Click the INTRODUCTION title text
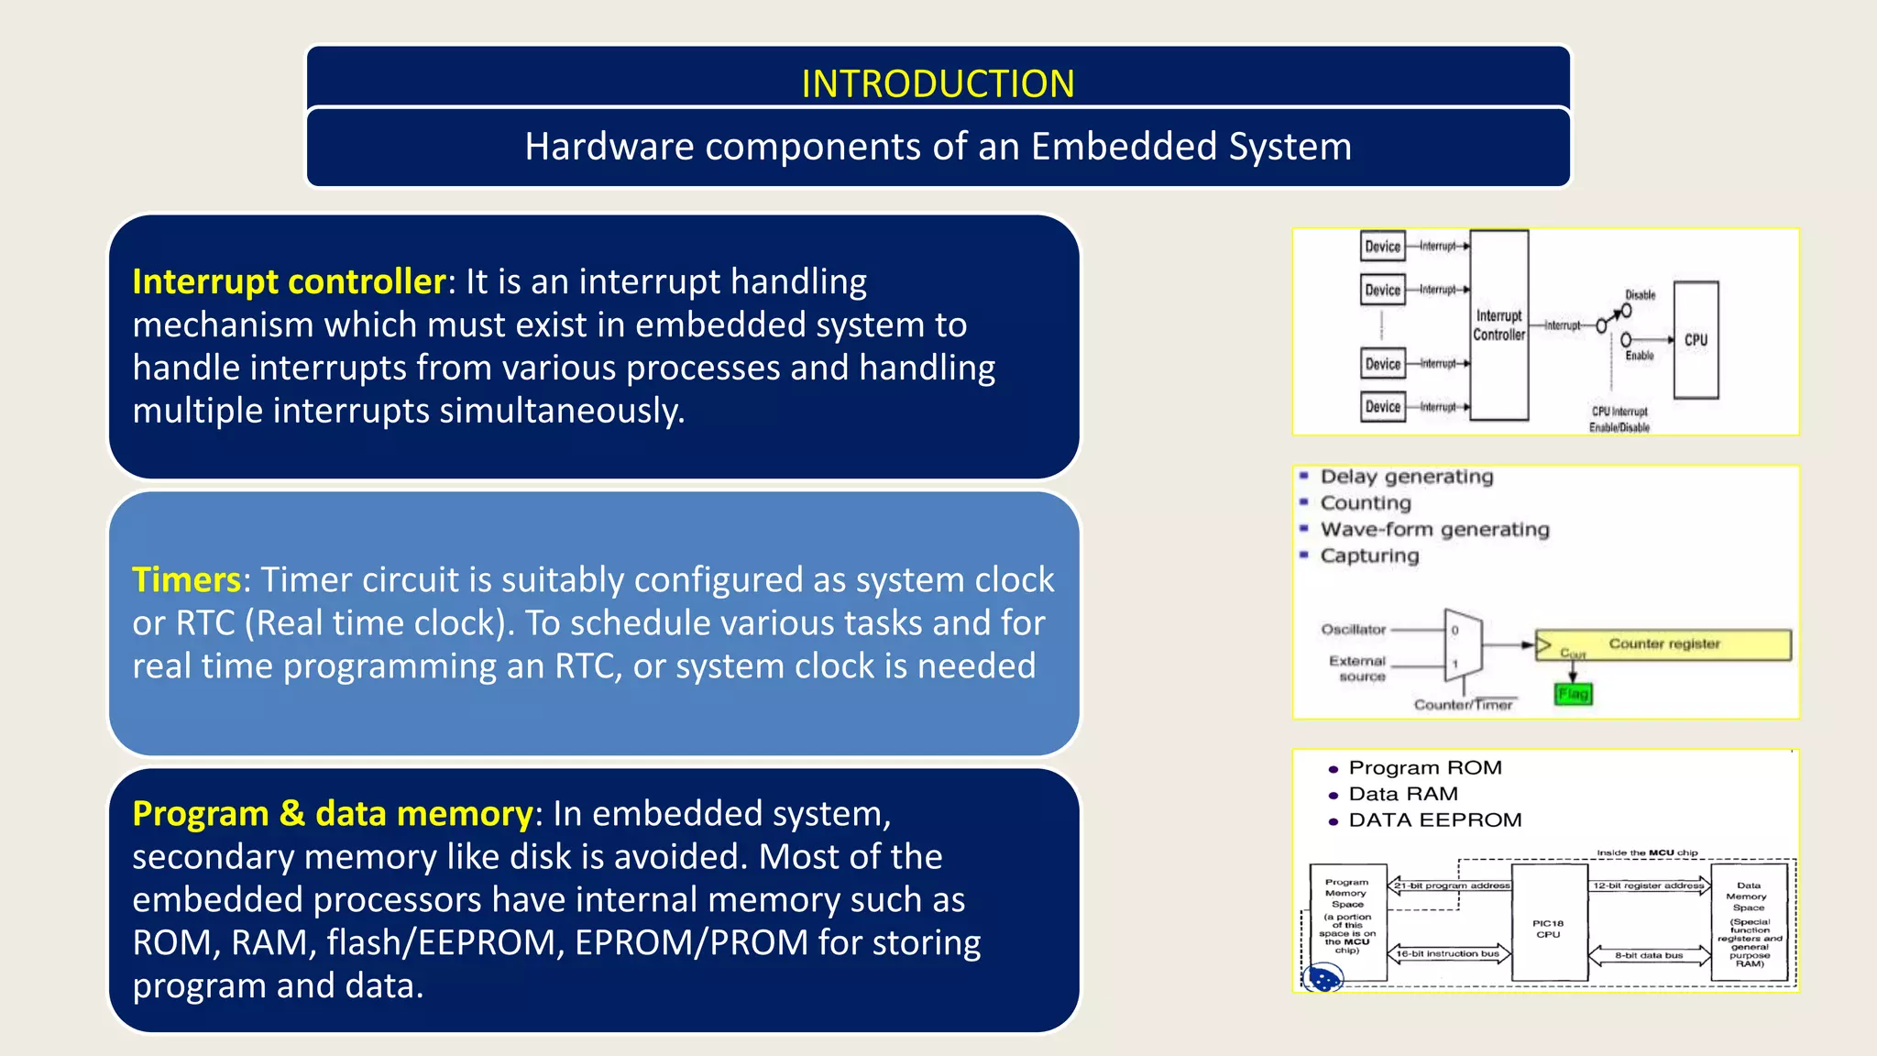point(938,83)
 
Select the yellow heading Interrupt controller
point(289,281)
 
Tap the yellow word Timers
point(186,579)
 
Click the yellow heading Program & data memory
point(332,814)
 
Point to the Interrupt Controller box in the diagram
point(1498,325)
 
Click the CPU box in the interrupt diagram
point(1696,340)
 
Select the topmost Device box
point(1382,246)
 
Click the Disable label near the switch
point(1640,295)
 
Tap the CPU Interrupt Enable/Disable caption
point(1619,420)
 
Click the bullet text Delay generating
point(1406,477)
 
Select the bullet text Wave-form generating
point(1434,530)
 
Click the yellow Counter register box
point(1663,644)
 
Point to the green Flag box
point(1573,694)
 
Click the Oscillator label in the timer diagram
point(1353,630)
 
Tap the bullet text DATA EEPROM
point(1434,820)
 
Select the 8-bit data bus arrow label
point(1649,955)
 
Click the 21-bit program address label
point(1451,885)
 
